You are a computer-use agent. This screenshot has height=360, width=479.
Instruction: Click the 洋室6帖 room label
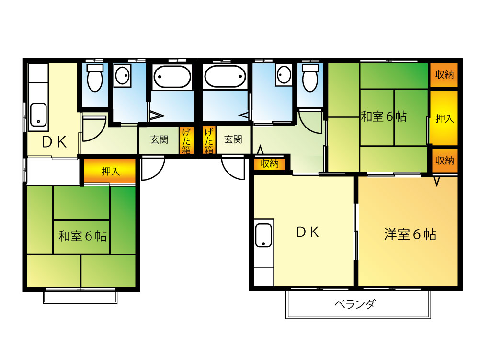[x=410, y=234]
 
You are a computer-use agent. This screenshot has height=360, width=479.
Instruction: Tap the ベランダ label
[x=354, y=304]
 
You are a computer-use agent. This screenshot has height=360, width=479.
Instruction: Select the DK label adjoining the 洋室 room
[x=308, y=232]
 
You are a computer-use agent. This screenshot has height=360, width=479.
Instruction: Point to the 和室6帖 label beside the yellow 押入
[x=384, y=116]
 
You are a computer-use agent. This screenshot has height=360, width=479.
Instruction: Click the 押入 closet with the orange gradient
[x=110, y=171]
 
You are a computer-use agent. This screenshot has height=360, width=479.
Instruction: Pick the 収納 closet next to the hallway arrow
[x=270, y=164]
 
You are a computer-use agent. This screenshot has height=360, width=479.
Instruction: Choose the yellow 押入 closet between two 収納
[x=444, y=118]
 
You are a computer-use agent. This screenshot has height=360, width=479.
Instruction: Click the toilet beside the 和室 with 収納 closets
[x=310, y=78]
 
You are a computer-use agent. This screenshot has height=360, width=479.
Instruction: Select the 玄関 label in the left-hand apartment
[x=159, y=139]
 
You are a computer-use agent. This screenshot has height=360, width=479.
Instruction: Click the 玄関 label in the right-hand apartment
[x=233, y=139]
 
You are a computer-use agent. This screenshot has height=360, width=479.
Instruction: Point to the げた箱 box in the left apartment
[x=186, y=140]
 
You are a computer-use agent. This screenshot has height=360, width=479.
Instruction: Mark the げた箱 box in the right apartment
[x=209, y=140]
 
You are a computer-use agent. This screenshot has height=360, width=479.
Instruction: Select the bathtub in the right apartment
[x=225, y=76]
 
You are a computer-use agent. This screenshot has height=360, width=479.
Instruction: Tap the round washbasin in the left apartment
[x=122, y=75]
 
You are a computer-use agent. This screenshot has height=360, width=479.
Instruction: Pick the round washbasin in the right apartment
[x=284, y=75]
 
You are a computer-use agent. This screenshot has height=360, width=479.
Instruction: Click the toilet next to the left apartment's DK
[x=95, y=78]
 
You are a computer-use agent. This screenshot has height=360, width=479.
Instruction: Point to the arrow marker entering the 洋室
[x=437, y=182]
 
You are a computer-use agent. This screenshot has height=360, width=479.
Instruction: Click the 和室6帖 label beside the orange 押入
[x=82, y=236]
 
